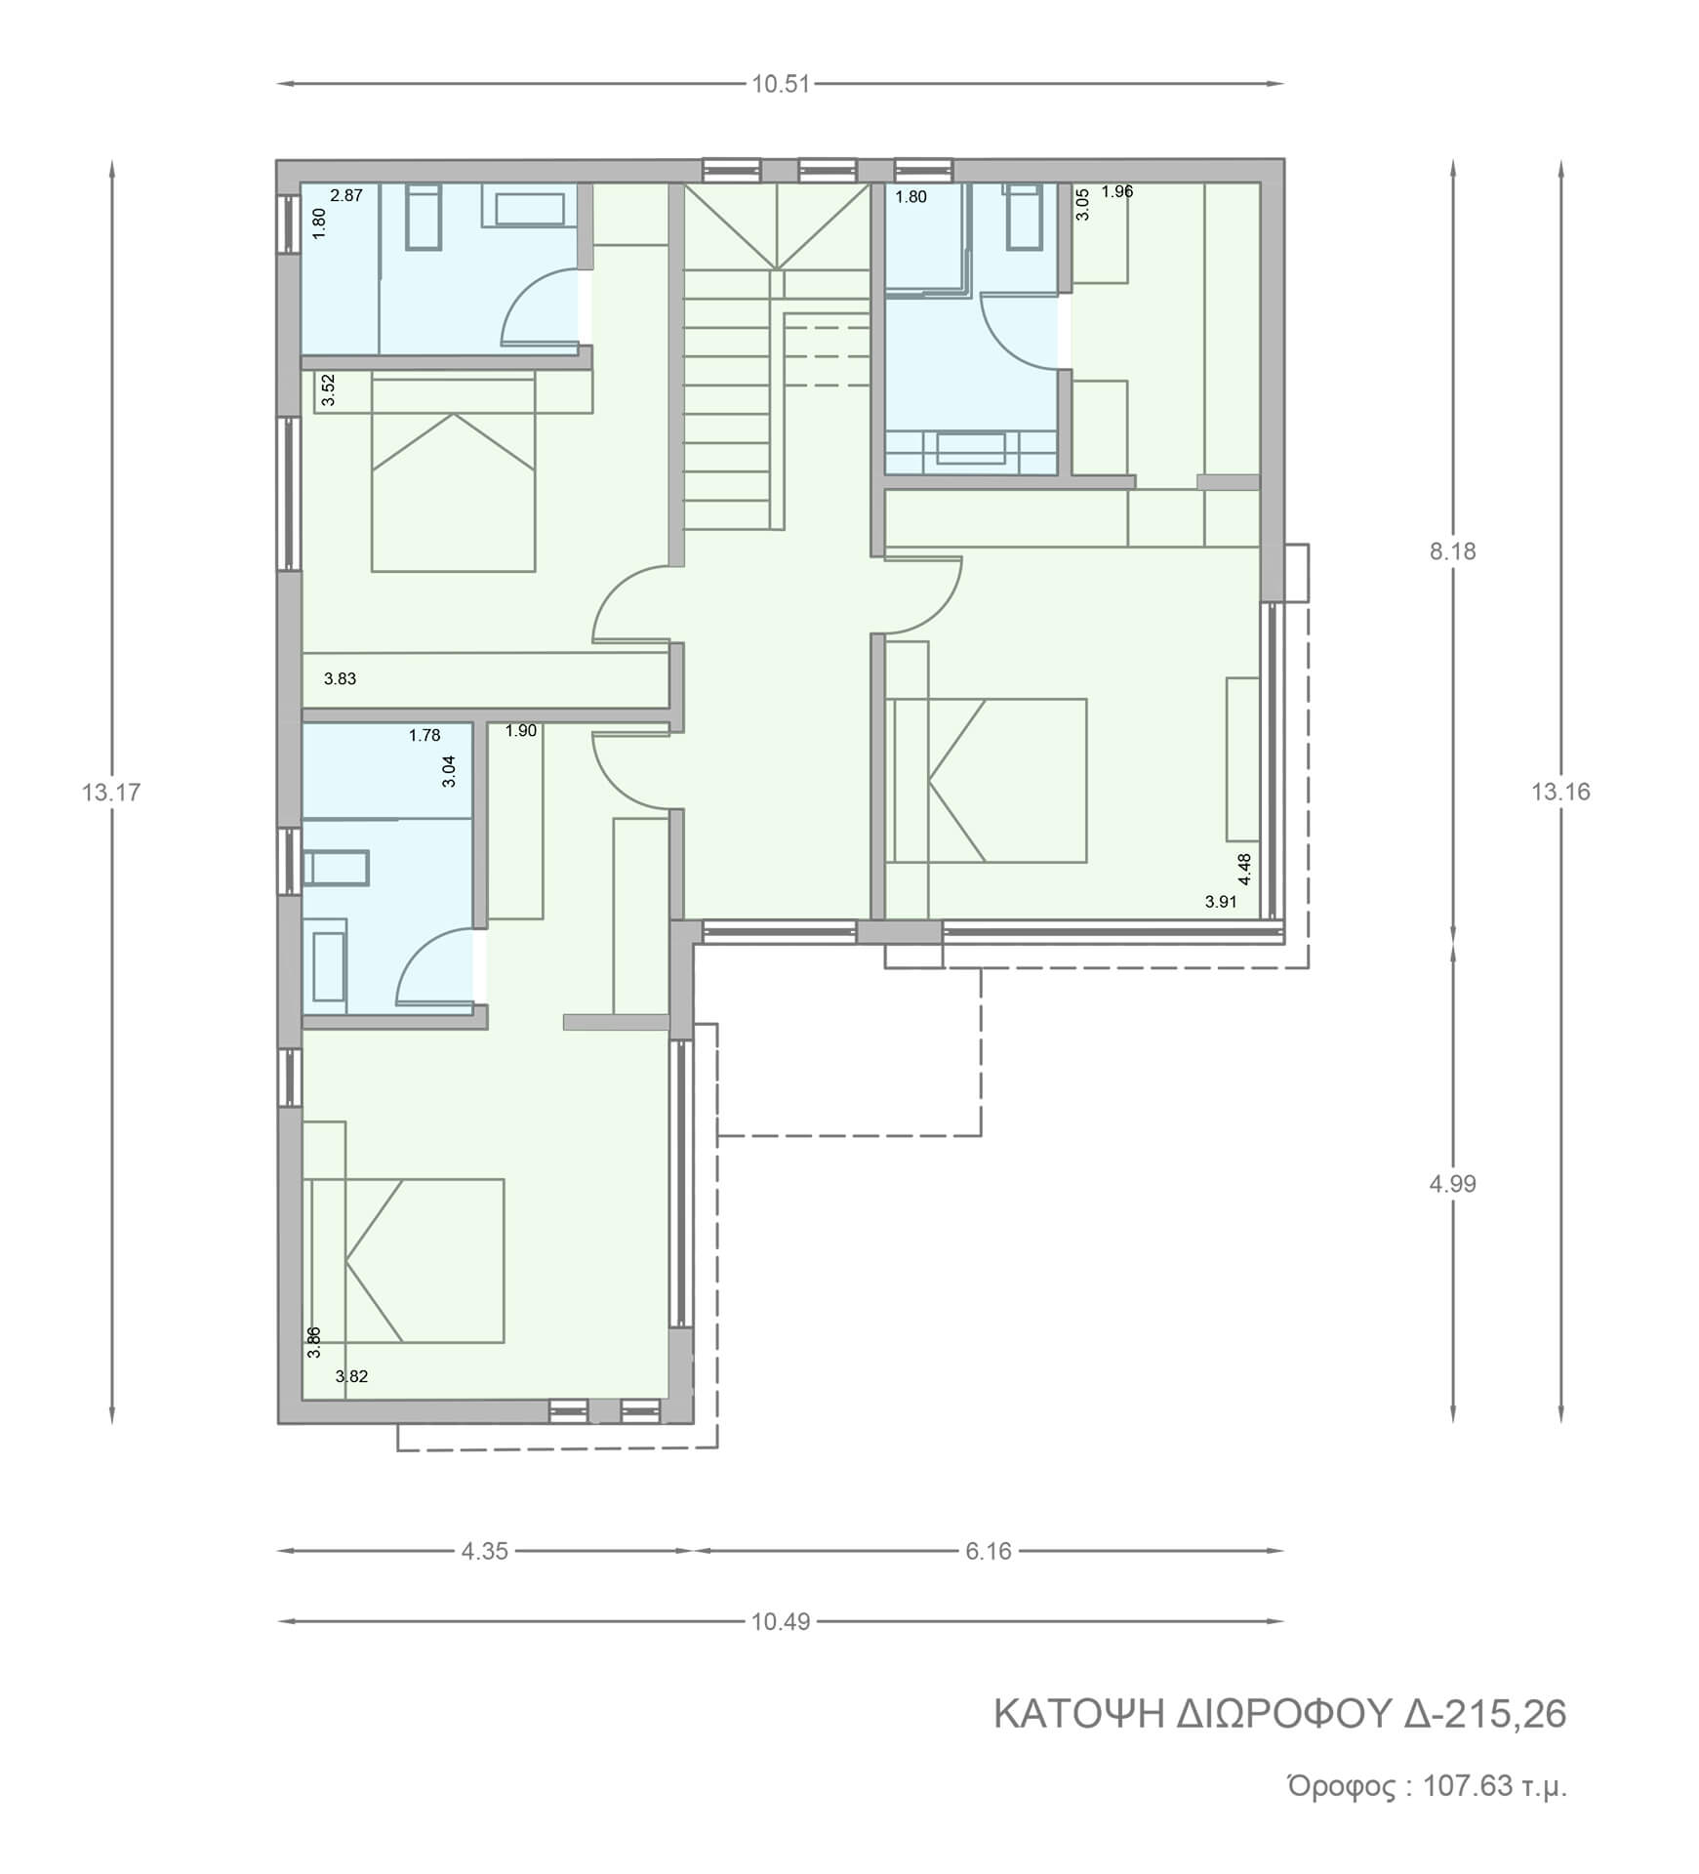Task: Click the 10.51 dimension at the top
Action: click(x=781, y=84)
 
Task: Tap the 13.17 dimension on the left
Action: click(x=111, y=792)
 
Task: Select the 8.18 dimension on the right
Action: click(x=1452, y=551)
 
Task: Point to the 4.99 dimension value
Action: click(x=1452, y=1184)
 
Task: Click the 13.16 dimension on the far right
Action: click(x=1560, y=792)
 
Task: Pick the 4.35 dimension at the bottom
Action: click(x=485, y=1551)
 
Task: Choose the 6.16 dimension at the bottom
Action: click(x=989, y=1551)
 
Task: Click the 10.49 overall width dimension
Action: click(x=781, y=1622)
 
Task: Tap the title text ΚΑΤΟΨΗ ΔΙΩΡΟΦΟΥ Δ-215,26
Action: click(x=1280, y=1714)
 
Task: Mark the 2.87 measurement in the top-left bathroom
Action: click(x=346, y=195)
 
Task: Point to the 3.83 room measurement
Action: click(x=340, y=678)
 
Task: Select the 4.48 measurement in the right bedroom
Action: click(x=1244, y=869)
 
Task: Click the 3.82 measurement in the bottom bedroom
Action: click(x=351, y=1376)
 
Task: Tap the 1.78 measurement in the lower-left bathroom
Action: click(x=425, y=735)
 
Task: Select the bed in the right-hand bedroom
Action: click(x=986, y=780)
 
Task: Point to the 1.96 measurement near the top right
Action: click(x=1117, y=191)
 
